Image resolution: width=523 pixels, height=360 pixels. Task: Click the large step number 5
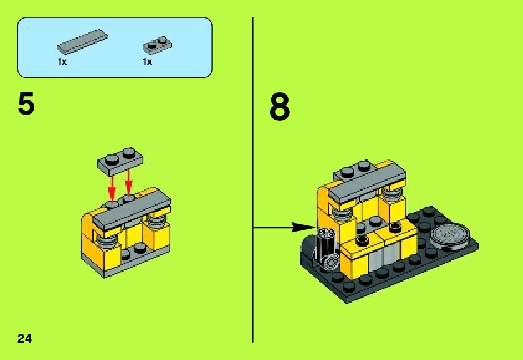pyautogui.click(x=26, y=103)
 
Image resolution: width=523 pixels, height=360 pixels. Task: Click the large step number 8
pyautogui.click(x=279, y=107)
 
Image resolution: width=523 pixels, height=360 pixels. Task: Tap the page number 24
pyautogui.click(x=25, y=338)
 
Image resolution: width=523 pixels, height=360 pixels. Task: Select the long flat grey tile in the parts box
pyautogui.click(x=82, y=41)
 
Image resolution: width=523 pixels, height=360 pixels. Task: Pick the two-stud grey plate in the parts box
pyautogui.click(x=158, y=45)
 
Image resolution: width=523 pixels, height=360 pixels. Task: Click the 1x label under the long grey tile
pyautogui.click(x=62, y=62)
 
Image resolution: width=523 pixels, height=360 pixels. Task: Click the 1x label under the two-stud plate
pyautogui.click(x=148, y=62)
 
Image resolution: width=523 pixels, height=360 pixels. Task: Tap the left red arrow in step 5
pyautogui.click(x=112, y=187)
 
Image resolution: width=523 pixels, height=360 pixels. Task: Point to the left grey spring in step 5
pyautogui.click(x=107, y=239)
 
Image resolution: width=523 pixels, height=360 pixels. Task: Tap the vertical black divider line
pyautogui.click(x=253, y=180)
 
